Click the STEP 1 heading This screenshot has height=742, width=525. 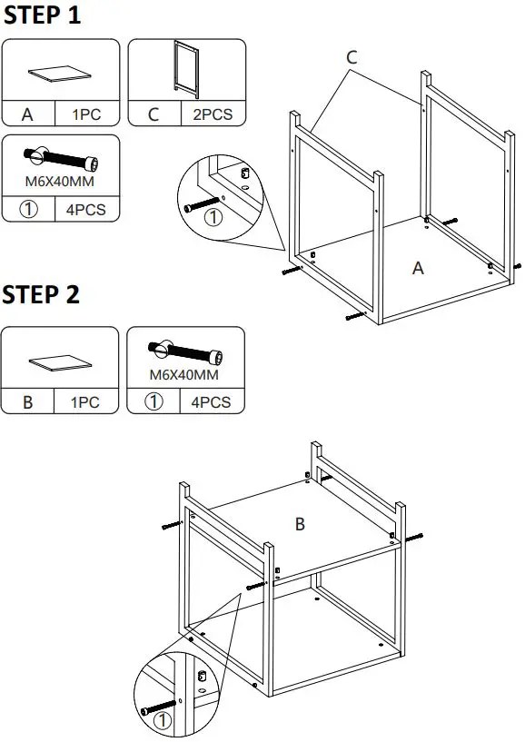(x=42, y=15)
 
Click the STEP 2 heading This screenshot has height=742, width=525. (x=41, y=294)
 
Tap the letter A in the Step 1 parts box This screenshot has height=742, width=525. (x=27, y=114)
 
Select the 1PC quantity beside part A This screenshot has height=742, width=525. (x=86, y=114)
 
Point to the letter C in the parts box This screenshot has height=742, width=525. (x=154, y=114)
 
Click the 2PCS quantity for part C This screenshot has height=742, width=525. (x=213, y=114)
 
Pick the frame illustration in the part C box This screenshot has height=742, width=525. (x=186, y=69)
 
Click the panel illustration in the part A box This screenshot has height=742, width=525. (x=60, y=74)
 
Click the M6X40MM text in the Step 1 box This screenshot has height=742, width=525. (x=60, y=182)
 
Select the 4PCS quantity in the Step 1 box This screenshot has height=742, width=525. (x=85, y=210)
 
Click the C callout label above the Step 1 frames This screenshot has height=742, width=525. (x=352, y=57)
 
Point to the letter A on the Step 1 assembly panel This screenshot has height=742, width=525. (x=418, y=268)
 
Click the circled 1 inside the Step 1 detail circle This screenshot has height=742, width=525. (x=213, y=217)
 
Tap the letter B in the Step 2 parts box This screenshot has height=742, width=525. (x=28, y=402)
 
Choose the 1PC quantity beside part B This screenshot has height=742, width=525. (x=84, y=402)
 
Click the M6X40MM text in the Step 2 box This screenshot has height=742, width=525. (x=184, y=375)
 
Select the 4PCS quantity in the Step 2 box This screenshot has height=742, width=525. (x=211, y=402)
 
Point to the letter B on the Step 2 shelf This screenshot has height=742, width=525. (x=300, y=524)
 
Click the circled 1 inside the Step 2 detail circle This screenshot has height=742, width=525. (x=163, y=721)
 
